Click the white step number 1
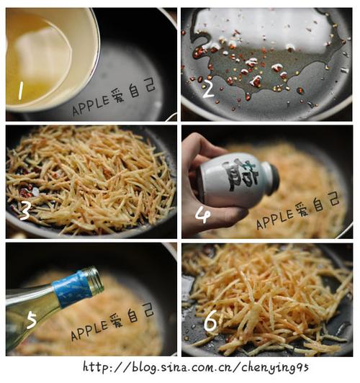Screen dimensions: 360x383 (x=21, y=91)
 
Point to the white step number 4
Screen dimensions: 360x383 (x=203, y=215)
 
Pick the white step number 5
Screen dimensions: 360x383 (x=32, y=320)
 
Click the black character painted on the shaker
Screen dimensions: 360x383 (x=240, y=175)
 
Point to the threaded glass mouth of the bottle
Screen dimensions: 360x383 (x=95, y=280)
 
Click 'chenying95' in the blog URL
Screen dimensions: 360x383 (x=275, y=368)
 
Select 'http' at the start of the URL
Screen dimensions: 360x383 (x=96, y=367)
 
